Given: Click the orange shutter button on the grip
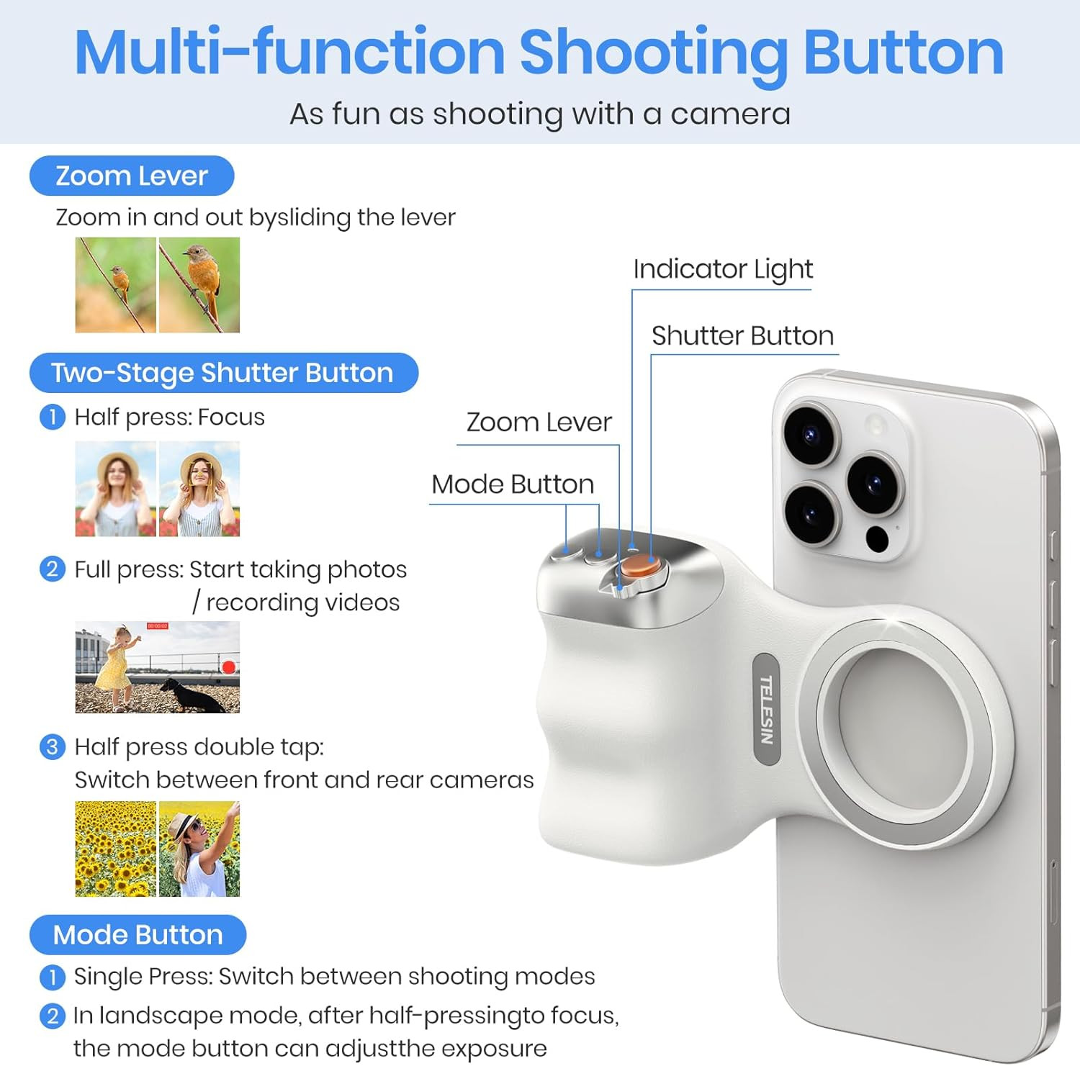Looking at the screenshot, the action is (639, 565).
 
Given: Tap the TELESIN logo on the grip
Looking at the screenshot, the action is (767, 710).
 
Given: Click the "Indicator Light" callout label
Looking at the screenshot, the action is (723, 269).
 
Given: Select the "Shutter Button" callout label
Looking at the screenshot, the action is (742, 335).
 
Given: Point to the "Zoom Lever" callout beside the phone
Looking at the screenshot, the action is (539, 422).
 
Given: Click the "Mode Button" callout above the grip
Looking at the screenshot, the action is (513, 484).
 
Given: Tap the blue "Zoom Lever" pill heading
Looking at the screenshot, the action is (132, 176).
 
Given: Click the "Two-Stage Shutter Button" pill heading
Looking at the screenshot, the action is (223, 373).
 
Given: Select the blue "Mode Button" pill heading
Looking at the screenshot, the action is (138, 935).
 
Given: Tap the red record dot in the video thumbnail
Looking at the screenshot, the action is (228, 667).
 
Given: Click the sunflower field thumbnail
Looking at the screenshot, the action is (116, 849).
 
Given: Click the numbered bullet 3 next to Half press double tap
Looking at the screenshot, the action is (52, 746).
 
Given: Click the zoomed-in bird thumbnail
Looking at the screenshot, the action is (199, 285).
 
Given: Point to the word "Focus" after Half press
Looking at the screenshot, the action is (231, 417).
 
